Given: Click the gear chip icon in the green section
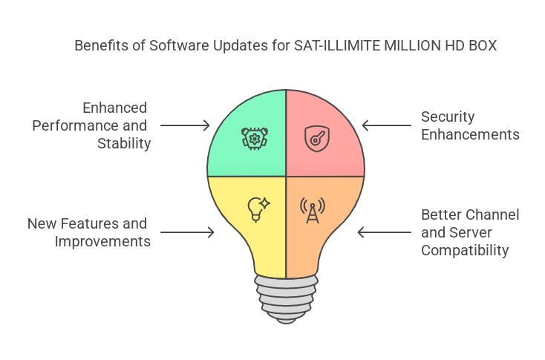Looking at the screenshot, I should point(255,138).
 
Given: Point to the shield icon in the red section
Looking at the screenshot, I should point(316,138).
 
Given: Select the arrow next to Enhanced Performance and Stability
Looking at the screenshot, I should point(186,125).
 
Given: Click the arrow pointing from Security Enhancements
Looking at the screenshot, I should point(386,125).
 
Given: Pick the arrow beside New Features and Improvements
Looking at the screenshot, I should point(187,232).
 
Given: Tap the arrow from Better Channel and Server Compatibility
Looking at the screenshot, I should point(384,232).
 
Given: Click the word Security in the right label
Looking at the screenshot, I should point(448,117).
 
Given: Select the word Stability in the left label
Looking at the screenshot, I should point(124,143).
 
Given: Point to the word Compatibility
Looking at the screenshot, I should point(465,250).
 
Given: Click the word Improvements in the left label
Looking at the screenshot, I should point(102,241).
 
